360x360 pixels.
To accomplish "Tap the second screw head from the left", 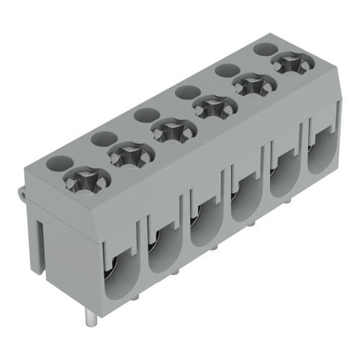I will coord(128,153).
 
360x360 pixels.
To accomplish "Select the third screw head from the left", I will coord(171,131).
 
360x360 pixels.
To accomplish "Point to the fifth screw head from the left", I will coord(252,85).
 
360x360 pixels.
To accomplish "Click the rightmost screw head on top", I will coord(291,63).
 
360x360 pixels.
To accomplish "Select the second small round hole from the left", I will coord(103,138).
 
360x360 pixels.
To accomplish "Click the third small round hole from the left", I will coord(146,114).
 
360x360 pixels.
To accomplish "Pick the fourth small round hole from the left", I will coord(187,91).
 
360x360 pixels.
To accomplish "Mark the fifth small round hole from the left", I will coord(228,69).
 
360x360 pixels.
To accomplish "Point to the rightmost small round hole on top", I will coord(266,48).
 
